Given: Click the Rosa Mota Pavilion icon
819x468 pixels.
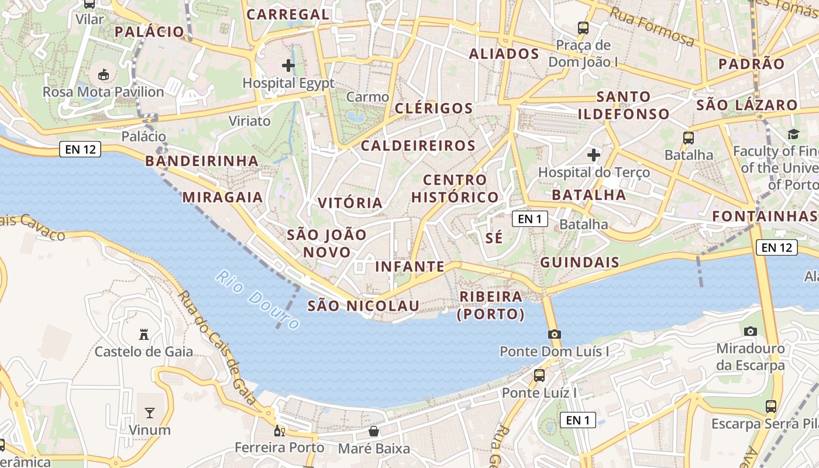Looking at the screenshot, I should click(103, 74).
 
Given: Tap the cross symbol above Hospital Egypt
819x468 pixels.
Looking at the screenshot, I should click(288, 65).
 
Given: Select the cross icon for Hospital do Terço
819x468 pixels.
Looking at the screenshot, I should click(594, 155).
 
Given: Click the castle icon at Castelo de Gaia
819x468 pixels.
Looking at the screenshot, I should click(144, 335).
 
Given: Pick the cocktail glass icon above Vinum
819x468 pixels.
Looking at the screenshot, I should click(150, 413).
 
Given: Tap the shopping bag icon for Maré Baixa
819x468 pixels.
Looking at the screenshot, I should click(374, 432).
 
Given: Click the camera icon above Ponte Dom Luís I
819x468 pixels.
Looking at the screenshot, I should click(554, 335).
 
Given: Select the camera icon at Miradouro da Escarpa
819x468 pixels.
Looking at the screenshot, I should click(751, 332).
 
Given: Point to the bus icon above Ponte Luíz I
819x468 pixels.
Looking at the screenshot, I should click(539, 376).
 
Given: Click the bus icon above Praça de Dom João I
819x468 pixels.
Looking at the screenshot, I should click(583, 27).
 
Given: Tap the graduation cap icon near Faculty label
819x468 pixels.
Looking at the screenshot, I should click(793, 135).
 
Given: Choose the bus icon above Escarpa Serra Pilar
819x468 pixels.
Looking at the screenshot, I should click(771, 406).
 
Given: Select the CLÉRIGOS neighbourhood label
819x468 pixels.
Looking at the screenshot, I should click(433, 108).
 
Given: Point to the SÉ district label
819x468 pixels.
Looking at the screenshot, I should click(494, 238).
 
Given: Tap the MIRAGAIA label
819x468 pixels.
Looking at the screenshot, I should click(223, 197).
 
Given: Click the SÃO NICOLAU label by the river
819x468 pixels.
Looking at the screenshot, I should click(363, 306).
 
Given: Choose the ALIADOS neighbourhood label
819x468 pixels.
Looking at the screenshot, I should click(504, 54).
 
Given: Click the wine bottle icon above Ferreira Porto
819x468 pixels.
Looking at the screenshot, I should click(280, 432).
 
